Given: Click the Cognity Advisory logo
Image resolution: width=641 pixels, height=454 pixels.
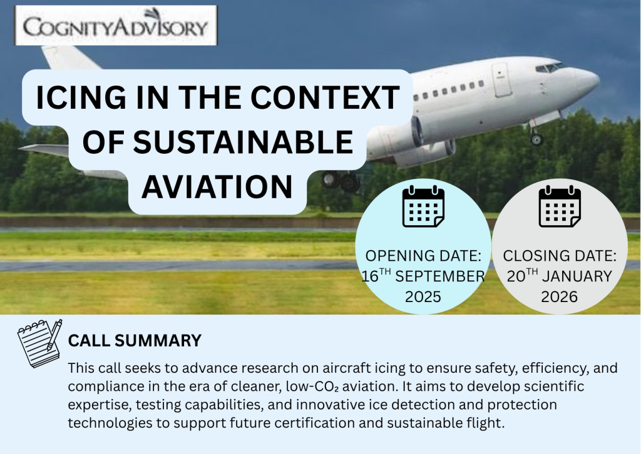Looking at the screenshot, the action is [x=116, y=25].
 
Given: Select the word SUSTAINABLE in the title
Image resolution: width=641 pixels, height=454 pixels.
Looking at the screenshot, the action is [x=243, y=142].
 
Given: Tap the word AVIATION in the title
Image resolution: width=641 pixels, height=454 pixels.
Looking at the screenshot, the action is [x=217, y=186].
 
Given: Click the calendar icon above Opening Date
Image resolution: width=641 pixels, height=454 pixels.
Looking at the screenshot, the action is [x=423, y=206].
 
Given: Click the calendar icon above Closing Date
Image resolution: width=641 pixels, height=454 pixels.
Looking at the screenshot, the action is [x=559, y=206].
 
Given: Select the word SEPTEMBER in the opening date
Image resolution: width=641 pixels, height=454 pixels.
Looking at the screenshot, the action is [x=440, y=276].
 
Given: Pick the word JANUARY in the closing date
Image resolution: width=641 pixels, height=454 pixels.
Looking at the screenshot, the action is [x=577, y=276].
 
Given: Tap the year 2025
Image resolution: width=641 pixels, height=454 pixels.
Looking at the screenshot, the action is [x=423, y=297].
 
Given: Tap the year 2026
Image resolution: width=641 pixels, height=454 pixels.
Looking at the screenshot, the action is [x=559, y=297].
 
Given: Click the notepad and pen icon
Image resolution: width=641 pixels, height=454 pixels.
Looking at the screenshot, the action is [x=39, y=343].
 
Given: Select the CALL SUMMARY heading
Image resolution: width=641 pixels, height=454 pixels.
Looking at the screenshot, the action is [x=135, y=340].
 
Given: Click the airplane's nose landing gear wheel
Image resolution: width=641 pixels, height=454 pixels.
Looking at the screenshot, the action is [x=536, y=139].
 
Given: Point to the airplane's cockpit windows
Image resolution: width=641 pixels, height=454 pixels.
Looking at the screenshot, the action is [x=549, y=68].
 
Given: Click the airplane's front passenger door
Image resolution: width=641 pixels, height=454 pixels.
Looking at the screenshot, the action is [x=501, y=79].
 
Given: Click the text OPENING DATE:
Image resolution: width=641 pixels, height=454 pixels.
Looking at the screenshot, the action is [x=423, y=256].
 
